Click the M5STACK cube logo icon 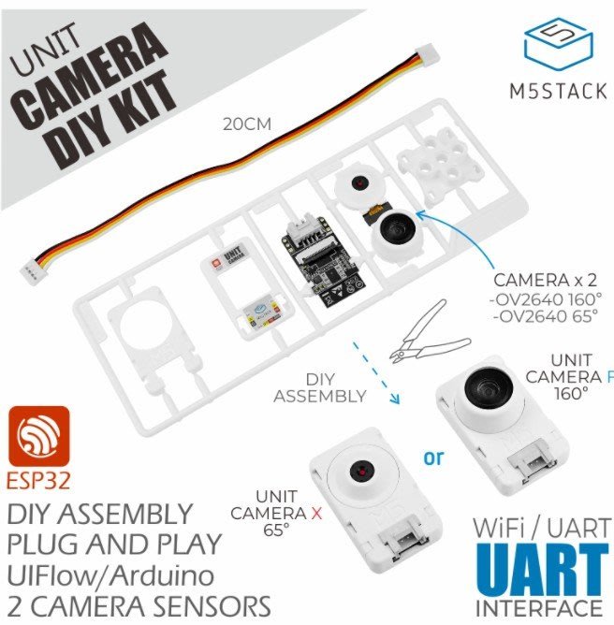(558, 45)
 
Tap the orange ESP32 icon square (39, 436)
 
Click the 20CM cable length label (247, 124)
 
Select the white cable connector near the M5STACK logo (427, 54)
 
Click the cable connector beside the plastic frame (32, 274)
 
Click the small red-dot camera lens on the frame (359, 183)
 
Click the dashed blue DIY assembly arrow (375, 372)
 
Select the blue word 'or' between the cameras (433, 458)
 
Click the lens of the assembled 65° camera (361, 472)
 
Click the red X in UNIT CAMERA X (316, 514)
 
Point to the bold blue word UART (542, 571)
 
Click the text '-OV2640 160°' (546, 299)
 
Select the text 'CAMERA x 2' (545, 280)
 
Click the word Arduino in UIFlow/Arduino (162, 575)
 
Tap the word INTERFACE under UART (539, 608)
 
